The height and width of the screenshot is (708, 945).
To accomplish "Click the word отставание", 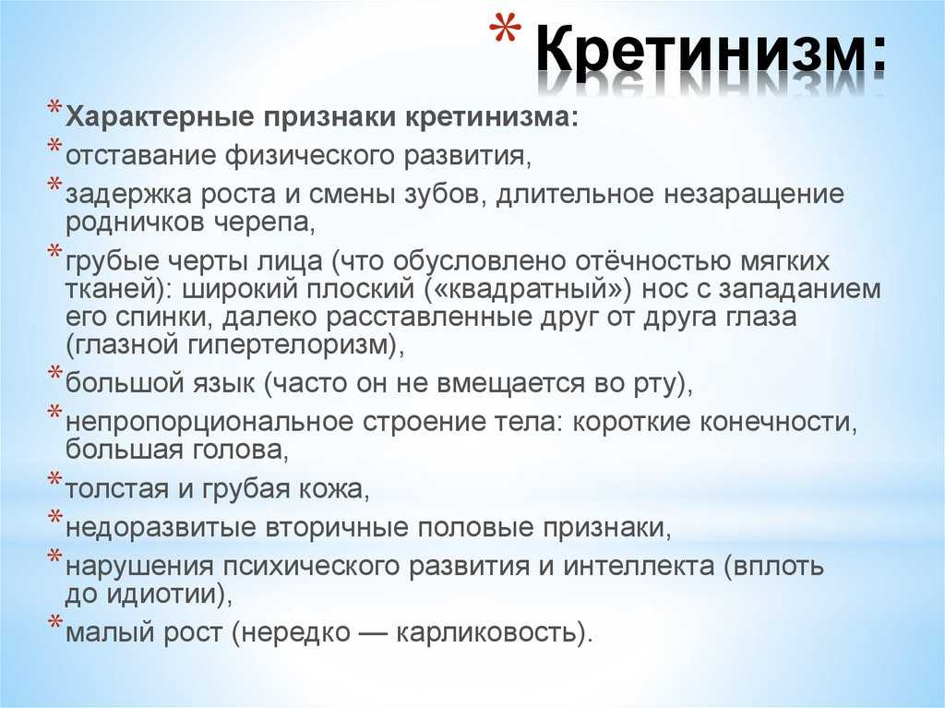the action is coord(141,155).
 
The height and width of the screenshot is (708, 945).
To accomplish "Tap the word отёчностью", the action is coord(652,261).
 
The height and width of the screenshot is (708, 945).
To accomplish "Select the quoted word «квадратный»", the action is coord(527,290).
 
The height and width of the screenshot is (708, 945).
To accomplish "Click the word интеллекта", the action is coord(639,566).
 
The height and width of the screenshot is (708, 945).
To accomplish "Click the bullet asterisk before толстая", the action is coord(54,479).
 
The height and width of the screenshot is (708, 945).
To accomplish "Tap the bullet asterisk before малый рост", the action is coord(54,621).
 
